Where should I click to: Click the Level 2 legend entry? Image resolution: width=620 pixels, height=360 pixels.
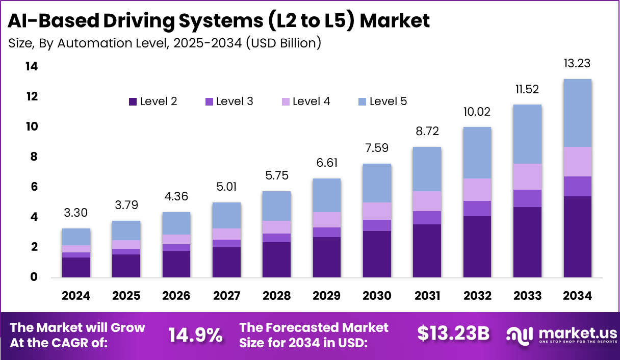(x=153, y=101)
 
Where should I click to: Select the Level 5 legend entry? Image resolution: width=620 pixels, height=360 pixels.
(x=382, y=101)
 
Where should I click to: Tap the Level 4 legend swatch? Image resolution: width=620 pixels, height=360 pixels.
(x=285, y=101)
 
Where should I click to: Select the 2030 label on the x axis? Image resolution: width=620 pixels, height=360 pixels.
(x=377, y=296)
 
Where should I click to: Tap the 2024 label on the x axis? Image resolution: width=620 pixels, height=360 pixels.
(x=76, y=296)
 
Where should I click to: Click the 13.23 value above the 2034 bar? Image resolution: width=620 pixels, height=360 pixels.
(x=578, y=63)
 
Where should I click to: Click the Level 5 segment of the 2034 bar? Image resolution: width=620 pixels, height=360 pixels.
(x=578, y=113)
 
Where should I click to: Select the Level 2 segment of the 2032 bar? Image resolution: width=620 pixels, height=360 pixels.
(x=477, y=247)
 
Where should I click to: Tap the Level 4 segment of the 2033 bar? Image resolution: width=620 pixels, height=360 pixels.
(x=528, y=176)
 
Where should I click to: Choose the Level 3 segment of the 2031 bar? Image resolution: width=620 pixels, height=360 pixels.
(x=427, y=218)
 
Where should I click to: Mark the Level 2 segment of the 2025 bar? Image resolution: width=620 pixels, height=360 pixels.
(x=126, y=266)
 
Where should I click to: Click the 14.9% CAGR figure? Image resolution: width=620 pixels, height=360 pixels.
(x=195, y=335)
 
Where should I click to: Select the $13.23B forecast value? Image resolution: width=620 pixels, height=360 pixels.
(x=453, y=333)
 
